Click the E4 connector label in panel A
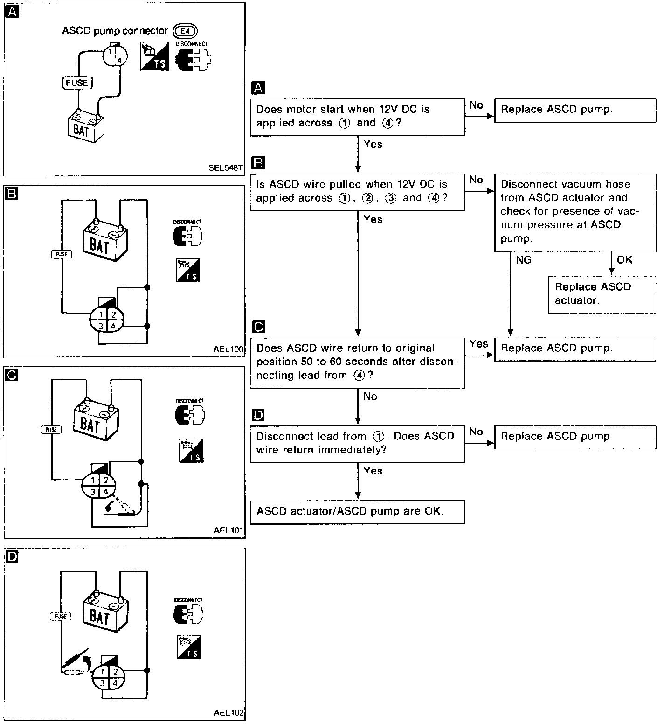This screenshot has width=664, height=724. point(185,31)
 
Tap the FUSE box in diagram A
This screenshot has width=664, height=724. point(77,83)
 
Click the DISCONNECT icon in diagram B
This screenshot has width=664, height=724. point(187,233)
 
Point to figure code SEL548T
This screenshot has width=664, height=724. point(226,168)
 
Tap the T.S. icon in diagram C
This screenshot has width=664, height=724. point(191,451)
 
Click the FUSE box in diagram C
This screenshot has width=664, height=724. point(51,429)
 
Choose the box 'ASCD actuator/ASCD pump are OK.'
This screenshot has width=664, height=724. point(357,512)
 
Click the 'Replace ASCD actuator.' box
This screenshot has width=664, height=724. point(602,294)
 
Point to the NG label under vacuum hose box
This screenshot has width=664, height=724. point(524,260)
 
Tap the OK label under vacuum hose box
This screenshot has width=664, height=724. point(624,259)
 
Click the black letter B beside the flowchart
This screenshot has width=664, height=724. point(258,162)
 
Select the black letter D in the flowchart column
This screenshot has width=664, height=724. point(258,415)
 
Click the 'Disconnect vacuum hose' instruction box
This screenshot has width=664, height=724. point(575,211)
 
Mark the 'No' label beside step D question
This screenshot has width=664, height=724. point(476,432)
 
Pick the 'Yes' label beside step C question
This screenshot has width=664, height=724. point(479,344)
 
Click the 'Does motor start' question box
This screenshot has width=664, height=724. point(357,117)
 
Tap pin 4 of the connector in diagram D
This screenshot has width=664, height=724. point(115,682)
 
